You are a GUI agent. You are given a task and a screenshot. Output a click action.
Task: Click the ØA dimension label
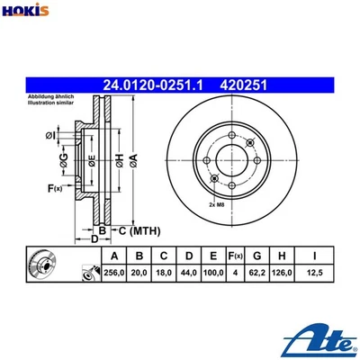point(132,159)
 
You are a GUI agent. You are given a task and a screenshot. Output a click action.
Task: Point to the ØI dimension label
point(51,136)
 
